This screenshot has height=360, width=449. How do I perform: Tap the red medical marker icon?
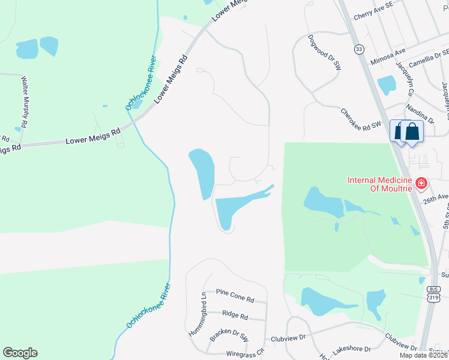coord(421,182)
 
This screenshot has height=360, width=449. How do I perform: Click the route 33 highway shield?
coord(359,49)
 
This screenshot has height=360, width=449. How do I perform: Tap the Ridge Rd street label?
coord(235,315)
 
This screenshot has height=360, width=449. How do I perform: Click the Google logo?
coord(20,353)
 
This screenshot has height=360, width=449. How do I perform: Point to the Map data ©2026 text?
coord(423,355)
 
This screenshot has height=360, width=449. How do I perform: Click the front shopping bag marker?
coord(412,132)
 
